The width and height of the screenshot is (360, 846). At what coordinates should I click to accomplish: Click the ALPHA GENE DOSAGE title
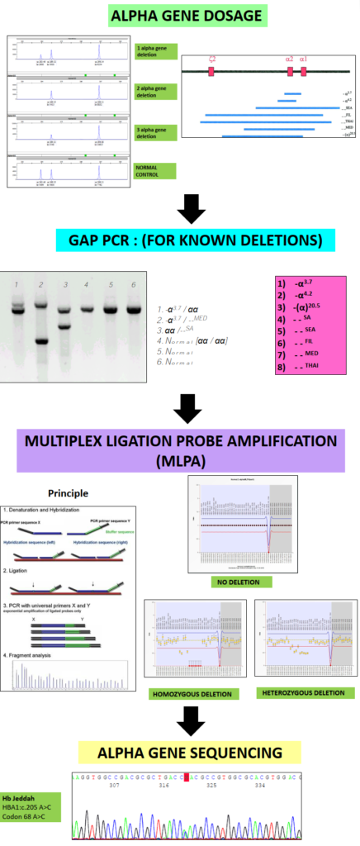coord(180,15)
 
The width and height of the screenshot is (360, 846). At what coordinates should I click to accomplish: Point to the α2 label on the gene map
coord(289,59)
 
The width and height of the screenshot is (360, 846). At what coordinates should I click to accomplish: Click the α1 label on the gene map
coord(303,59)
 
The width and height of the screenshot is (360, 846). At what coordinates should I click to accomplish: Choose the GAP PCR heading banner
coord(195,240)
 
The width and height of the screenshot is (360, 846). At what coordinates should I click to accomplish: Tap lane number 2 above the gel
coord(39,285)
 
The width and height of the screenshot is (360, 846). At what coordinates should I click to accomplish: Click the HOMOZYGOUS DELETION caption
coord(188,692)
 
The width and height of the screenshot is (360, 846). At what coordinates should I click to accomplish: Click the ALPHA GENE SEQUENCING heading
coord(180,752)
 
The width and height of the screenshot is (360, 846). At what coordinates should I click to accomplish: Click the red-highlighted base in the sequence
coord(188,777)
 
